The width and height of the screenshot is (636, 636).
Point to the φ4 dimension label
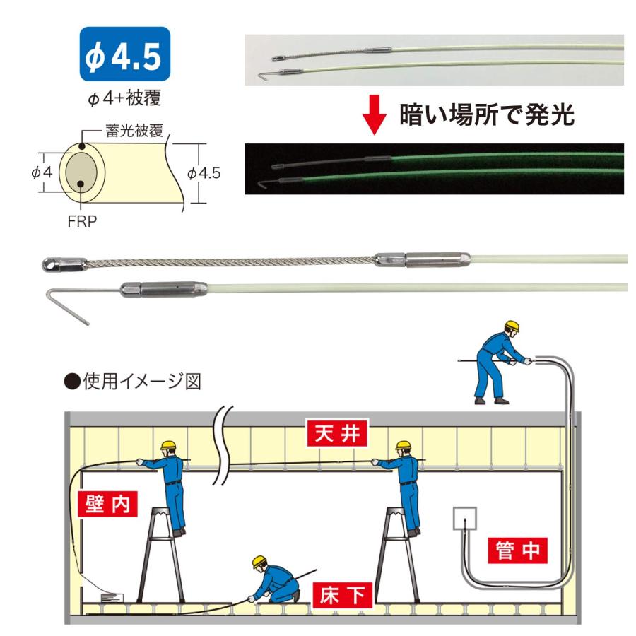click(42, 172)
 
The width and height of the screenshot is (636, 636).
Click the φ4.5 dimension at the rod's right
click(206, 172)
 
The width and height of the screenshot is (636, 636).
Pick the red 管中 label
click(518, 552)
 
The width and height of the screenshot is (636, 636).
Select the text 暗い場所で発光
click(488, 116)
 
